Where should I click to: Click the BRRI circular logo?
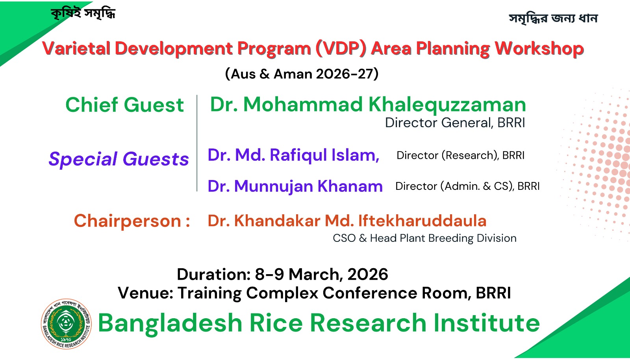pyautogui.click(x=67, y=324)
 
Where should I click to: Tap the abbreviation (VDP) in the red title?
pyautogui.click(x=341, y=49)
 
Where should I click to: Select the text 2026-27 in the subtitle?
pyautogui.click(x=345, y=74)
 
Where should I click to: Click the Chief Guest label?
pyautogui.click(x=124, y=105)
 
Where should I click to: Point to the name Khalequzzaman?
pyautogui.click(x=447, y=105)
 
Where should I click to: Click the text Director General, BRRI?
pyautogui.click(x=455, y=122)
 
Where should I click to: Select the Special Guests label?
pyautogui.click(x=119, y=159)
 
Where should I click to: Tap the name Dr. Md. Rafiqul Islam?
pyautogui.click(x=293, y=155)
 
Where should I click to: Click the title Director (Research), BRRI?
pyautogui.click(x=460, y=155)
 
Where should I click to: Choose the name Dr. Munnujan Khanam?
pyautogui.click(x=295, y=186)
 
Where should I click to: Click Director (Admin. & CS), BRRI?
pyautogui.click(x=467, y=186)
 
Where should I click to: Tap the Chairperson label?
pyautogui.click(x=132, y=221)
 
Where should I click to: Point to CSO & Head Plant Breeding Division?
pyautogui.click(x=424, y=238)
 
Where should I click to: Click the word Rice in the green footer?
pyautogui.click(x=276, y=323)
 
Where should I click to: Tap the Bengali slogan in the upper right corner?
pyautogui.click(x=553, y=19)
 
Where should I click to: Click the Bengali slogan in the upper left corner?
pyautogui.click(x=83, y=13)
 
